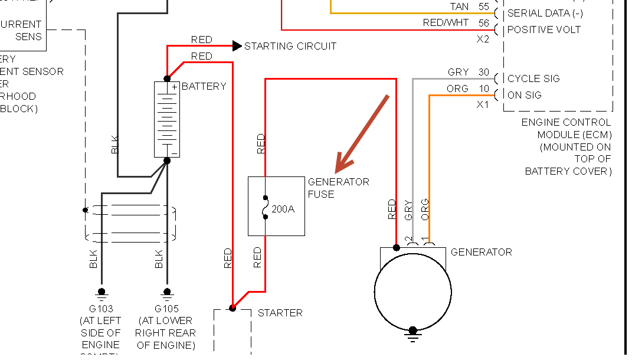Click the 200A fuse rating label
[283, 208]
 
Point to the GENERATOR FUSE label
[338, 188]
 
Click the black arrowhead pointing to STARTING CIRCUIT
[237, 46]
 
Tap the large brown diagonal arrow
[361, 130]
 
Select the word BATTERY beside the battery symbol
[204, 86]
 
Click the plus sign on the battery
[174, 87]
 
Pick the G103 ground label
[101, 309]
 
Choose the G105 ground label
[166, 309]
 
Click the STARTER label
[280, 313]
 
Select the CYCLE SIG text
[533, 78]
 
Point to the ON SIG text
[524, 95]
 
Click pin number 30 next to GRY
[484, 73]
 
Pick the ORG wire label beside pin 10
[457, 89]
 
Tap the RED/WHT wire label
[446, 23]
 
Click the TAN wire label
[459, 7]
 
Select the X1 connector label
[483, 105]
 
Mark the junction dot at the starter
[233, 308]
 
